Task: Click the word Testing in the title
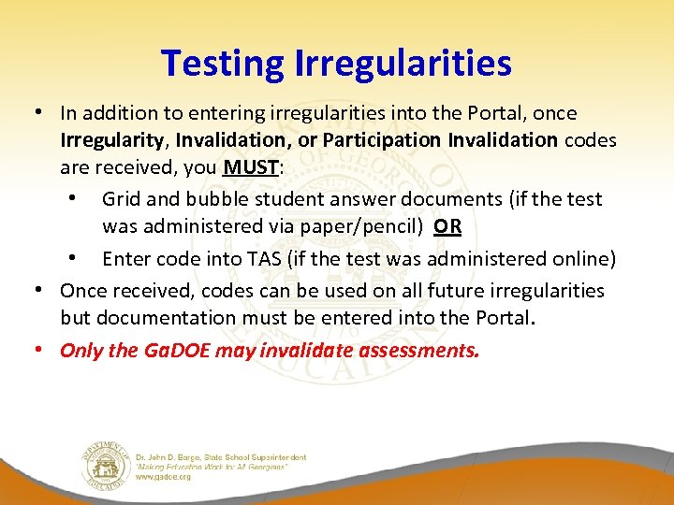222,64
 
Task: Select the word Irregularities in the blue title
403,64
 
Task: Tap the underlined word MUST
249,168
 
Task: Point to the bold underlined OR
447,226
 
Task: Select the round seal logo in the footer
104,464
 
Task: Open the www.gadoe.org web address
164,476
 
